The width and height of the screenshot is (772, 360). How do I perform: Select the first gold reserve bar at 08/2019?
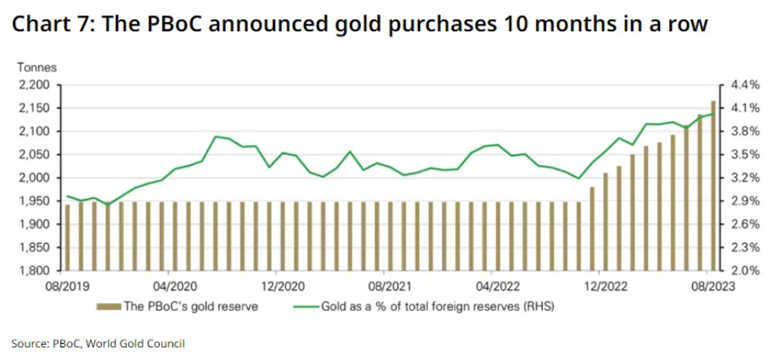[67, 238]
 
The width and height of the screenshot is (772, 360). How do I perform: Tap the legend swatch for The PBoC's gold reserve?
[110, 306]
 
